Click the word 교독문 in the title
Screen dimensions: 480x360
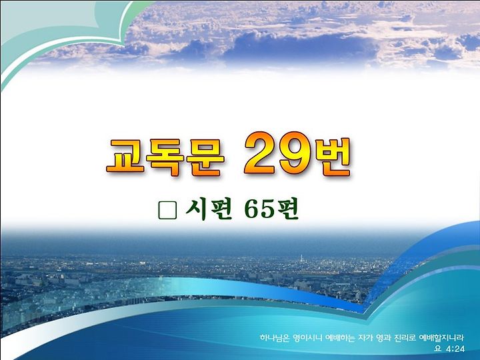pyautogui.click(x=165, y=157)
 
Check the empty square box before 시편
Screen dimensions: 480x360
pyautogui.click(x=167, y=210)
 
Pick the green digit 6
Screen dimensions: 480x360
pyautogui.click(x=252, y=210)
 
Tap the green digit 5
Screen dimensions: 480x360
pyautogui.click(x=267, y=210)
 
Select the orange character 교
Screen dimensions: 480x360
pyautogui.click(x=125, y=157)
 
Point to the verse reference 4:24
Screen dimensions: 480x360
pyautogui.click(x=455, y=349)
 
